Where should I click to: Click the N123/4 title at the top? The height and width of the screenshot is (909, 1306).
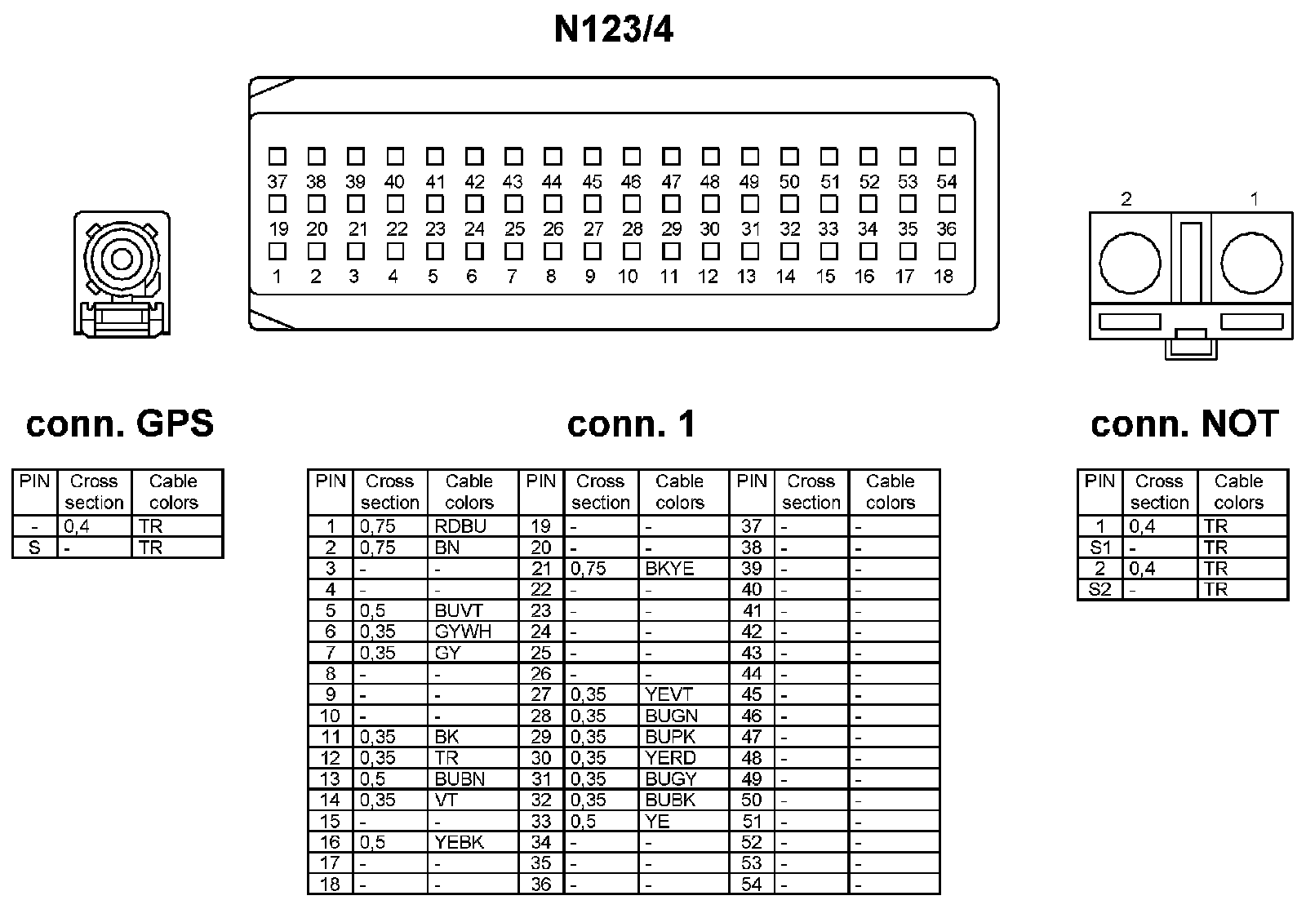point(614,30)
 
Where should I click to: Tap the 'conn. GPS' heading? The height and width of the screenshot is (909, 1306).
point(120,423)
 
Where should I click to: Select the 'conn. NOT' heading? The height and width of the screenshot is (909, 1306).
point(1184,423)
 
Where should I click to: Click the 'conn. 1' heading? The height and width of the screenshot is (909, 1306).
point(631,423)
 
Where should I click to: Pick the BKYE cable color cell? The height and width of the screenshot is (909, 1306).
point(669,569)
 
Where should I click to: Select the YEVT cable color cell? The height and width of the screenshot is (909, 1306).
point(669,694)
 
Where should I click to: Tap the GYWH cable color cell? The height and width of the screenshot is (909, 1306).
point(463,632)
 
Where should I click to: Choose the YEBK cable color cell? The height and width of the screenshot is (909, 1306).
point(459,842)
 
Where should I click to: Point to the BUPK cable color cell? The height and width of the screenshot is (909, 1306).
point(670,737)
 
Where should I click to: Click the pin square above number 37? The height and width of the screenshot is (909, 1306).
point(277,156)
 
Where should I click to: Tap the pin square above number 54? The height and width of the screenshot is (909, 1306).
point(947,156)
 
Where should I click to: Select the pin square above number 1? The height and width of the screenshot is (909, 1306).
point(277,251)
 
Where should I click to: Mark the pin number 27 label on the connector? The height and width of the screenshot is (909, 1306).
point(593,229)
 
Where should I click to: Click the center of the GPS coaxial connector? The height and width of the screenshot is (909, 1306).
point(122,259)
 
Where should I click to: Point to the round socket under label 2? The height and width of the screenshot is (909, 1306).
point(1130,264)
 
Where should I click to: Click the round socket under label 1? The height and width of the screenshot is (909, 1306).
point(1251,264)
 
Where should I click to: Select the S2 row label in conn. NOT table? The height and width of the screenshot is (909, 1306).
point(1099,589)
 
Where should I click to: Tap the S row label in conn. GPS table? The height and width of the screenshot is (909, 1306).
point(34,548)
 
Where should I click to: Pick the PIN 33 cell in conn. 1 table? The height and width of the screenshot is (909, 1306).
point(541,821)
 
